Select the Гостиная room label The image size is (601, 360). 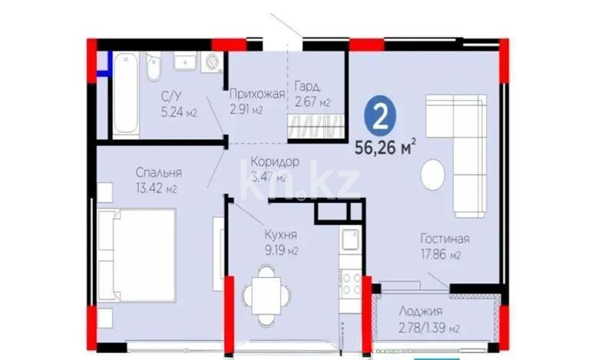point(444,239)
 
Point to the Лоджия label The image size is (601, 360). point(421,312)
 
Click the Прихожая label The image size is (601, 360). point(257,94)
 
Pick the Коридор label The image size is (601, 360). point(274,162)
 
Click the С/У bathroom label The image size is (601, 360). point(171,96)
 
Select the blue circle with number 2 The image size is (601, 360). point(378,116)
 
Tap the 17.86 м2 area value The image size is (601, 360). point(444,255)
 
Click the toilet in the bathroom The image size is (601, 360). point(154,64)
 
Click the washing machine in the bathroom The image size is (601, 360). point(211,61)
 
